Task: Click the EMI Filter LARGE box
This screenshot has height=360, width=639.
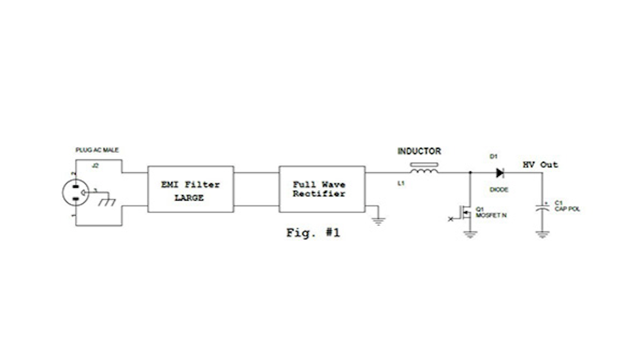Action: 190,189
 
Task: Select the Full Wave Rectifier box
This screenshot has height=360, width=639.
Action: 322,189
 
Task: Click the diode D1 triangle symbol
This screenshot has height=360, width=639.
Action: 500,173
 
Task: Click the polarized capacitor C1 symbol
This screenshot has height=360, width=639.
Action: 542,208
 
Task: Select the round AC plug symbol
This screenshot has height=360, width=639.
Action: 75,192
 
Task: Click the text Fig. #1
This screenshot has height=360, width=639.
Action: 313,233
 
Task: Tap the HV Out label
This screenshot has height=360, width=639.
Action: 540,165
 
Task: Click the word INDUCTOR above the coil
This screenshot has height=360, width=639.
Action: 419,151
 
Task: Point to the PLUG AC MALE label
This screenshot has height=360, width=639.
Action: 97,150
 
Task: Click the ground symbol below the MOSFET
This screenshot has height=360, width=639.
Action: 470,234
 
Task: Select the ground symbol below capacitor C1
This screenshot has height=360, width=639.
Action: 542,234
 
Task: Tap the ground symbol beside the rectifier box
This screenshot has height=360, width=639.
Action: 378,221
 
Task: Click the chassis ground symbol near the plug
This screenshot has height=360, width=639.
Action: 107,202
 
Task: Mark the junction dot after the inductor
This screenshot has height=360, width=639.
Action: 470,173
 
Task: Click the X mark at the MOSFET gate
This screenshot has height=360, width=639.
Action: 451,219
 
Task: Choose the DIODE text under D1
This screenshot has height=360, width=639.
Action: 499,190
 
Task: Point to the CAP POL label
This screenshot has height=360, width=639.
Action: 567,209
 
